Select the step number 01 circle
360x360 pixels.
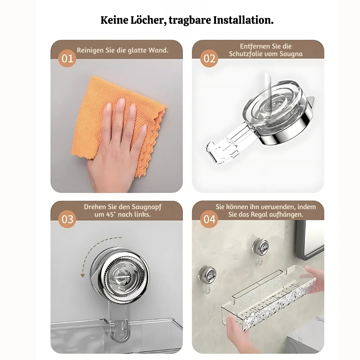click(67, 59)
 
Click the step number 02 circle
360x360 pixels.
click(209, 59)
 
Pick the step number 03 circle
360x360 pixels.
click(67, 219)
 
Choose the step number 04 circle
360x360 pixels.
click(209, 219)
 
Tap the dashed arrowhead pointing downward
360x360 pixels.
click(82, 275)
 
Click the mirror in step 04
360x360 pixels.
click(310, 239)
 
